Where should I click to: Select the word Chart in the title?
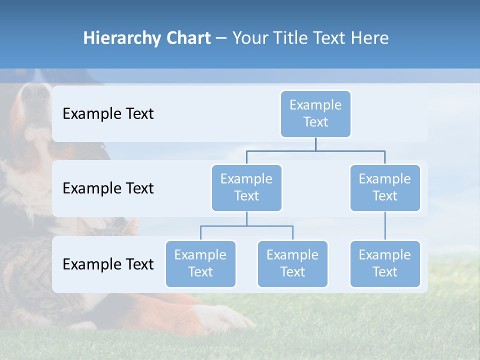click(x=188, y=38)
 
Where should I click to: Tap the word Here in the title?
click(x=369, y=38)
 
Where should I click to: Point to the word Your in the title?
click(x=250, y=38)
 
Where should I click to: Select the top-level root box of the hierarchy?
click(x=315, y=113)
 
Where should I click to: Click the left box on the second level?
click(x=246, y=187)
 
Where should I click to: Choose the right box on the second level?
click(x=385, y=187)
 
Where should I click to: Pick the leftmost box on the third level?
click(x=200, y=263)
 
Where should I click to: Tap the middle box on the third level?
click(x=292, y=263)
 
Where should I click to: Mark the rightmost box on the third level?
click(x=385, y=263)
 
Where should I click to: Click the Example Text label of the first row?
click(x=108, y=114)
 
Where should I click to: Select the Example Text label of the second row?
click(x=108, y=188)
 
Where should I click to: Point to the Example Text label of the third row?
click(x=108, y=264)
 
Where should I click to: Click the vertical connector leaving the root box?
click(x=315, y=144)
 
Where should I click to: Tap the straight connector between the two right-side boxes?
click(x=385, y=226)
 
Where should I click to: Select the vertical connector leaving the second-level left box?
click(x=246, y=219)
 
